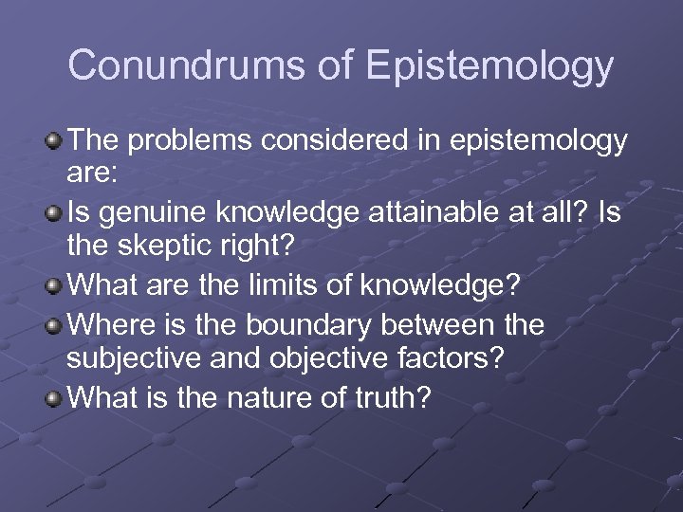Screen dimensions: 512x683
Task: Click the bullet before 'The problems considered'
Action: pyautogui.click(x=55, y=142)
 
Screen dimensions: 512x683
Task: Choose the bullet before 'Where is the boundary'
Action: pyautogui.click(x=55, y=325)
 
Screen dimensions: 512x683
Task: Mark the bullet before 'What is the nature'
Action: pyautogui.click(x=55, y=399)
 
